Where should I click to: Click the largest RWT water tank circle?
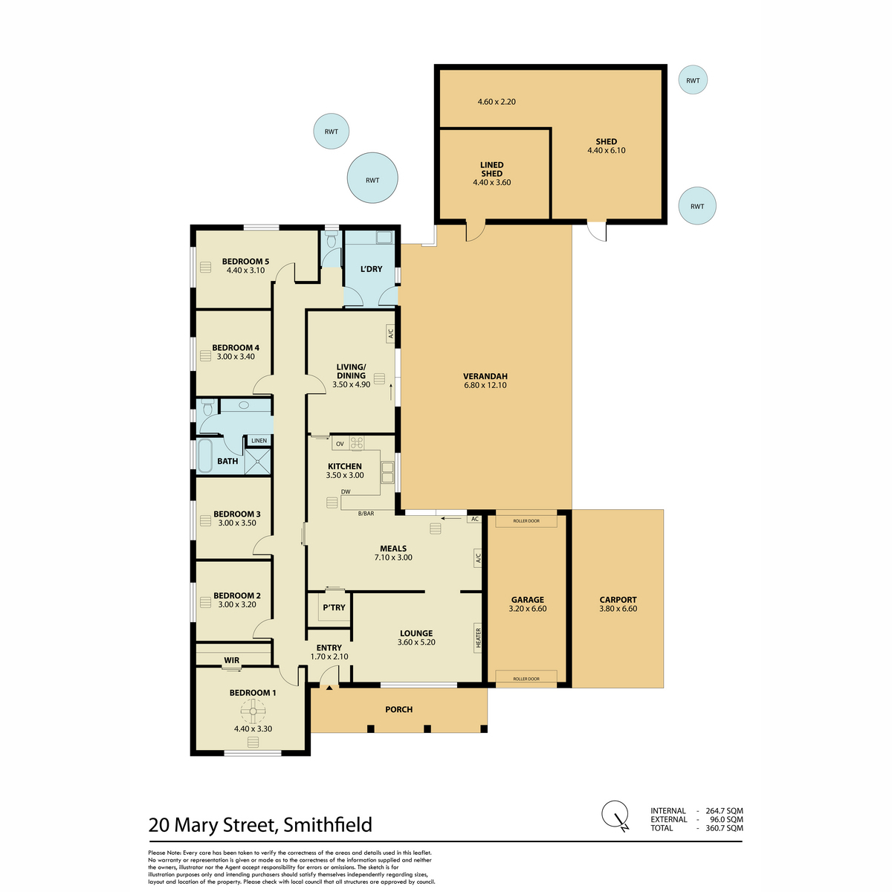[x=372, y=178]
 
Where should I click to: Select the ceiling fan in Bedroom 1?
[x=253, y=711]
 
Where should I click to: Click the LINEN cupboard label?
[x=259, y=440]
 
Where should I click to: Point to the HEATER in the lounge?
[x=478, y=637]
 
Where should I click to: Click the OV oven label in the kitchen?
[x=340, y=444]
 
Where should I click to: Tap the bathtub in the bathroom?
[x=205, y=456]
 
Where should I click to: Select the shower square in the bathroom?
[x=257, y=461]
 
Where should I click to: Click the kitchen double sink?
[x=387, y=472]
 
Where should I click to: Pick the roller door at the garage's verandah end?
[x=526, y=521]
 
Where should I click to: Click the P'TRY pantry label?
[x=334, y=607]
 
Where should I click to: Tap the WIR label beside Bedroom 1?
[x=231, y=660]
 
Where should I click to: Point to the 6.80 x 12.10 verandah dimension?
[x=485, y=384]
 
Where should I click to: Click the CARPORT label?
[x=618, y=599]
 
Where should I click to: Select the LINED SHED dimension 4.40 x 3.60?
[x=491, y=182]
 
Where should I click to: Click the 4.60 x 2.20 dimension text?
[x=497, y=101]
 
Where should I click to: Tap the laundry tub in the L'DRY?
[x=384, y=238]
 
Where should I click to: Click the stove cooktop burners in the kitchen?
[x=357, y=444]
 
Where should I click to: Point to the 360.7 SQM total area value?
[x=724, y=828]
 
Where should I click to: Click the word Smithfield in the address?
[x=328, y=824]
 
